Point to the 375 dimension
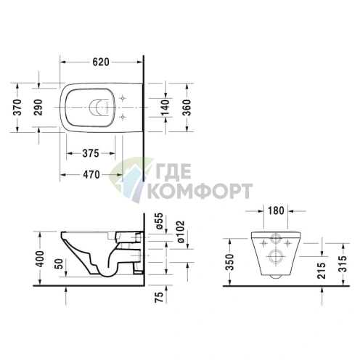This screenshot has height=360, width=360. point(90,153)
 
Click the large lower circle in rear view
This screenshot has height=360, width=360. point(276,254)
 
